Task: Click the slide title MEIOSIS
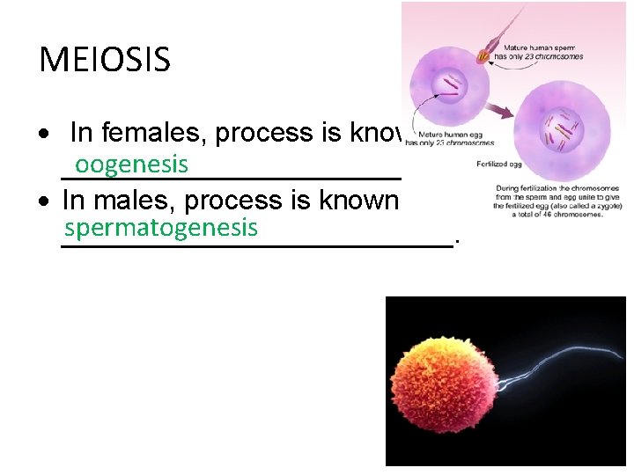(105, 60)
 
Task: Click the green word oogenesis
(131, 164)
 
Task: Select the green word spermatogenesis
(161, 228)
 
